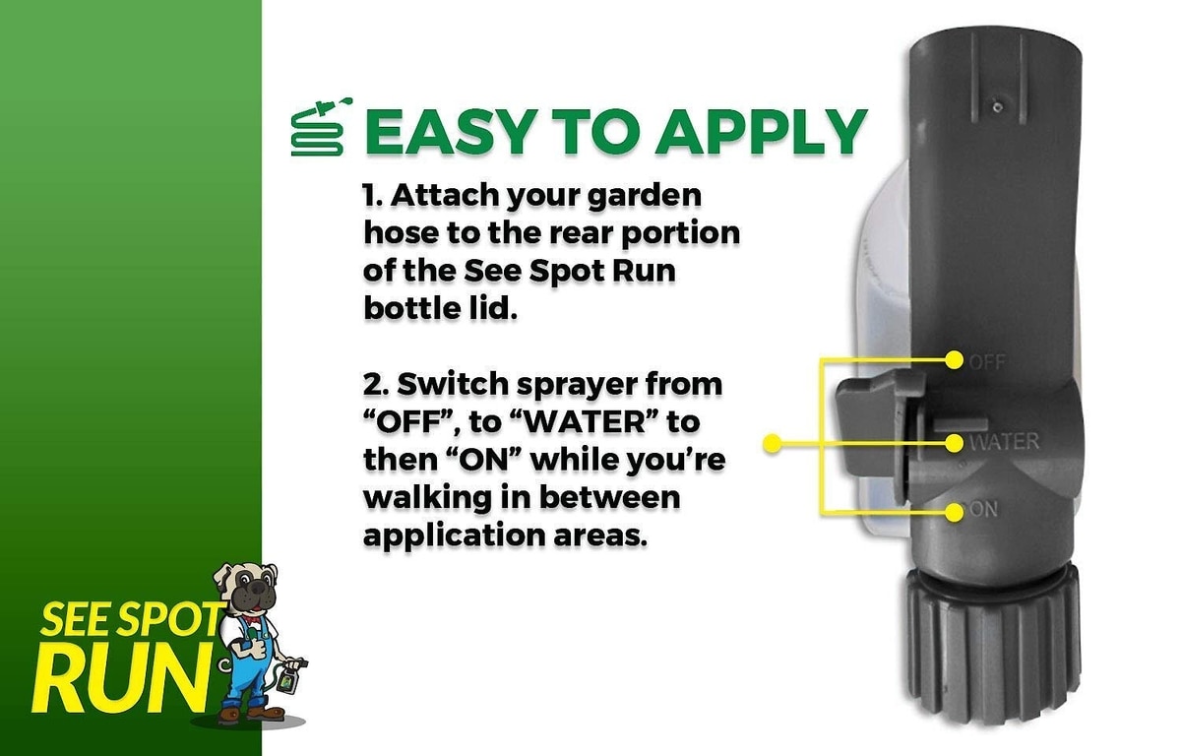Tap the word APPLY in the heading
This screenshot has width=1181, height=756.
pos(760,131)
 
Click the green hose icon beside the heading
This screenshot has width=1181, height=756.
pos(321,127)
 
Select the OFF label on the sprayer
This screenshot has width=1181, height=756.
pos(987,362)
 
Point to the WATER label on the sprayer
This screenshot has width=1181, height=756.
pos(1005,442)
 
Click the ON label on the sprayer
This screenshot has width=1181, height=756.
pos(983,510)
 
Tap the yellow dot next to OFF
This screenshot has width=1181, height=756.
pos(954,360)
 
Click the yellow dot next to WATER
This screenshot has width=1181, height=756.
pos(954,443)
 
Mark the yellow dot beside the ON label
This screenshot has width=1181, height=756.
pos(954,512)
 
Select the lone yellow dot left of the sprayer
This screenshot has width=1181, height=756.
pos(773,443)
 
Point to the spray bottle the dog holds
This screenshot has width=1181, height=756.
pos(286,681)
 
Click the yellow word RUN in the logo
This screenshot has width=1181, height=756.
pos(122,684)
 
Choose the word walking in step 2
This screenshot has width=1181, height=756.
pos(427,498)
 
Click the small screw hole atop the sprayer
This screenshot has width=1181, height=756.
pos(997,107)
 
